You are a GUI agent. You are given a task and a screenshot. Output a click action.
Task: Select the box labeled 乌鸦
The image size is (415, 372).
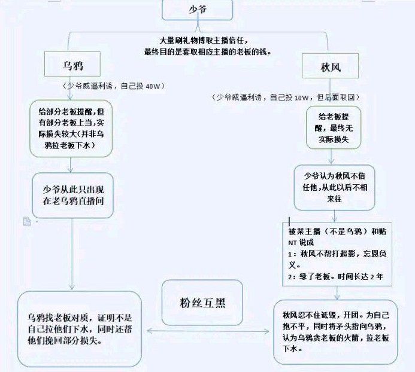(76, 64)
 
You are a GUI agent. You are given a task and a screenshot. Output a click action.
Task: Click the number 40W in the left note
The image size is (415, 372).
(155, 86)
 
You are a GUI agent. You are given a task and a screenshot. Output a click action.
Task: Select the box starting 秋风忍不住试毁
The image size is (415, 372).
(335, 331)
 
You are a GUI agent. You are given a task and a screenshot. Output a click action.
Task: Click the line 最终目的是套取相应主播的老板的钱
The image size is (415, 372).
(207, 51)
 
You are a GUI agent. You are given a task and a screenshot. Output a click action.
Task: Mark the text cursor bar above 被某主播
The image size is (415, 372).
(290, 221)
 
